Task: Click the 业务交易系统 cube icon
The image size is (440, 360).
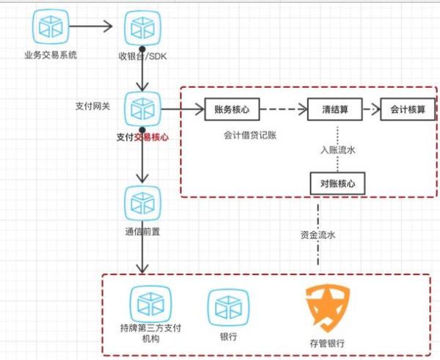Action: [x=50, y=27]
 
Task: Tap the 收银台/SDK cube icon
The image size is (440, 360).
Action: [x=139, y=27]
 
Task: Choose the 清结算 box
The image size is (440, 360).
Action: [x=335, y=109]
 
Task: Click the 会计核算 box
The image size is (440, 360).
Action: [x=408, y=109]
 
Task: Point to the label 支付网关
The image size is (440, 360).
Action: [x=93, y=107]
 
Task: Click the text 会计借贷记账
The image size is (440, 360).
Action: [x=250, y=136]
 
